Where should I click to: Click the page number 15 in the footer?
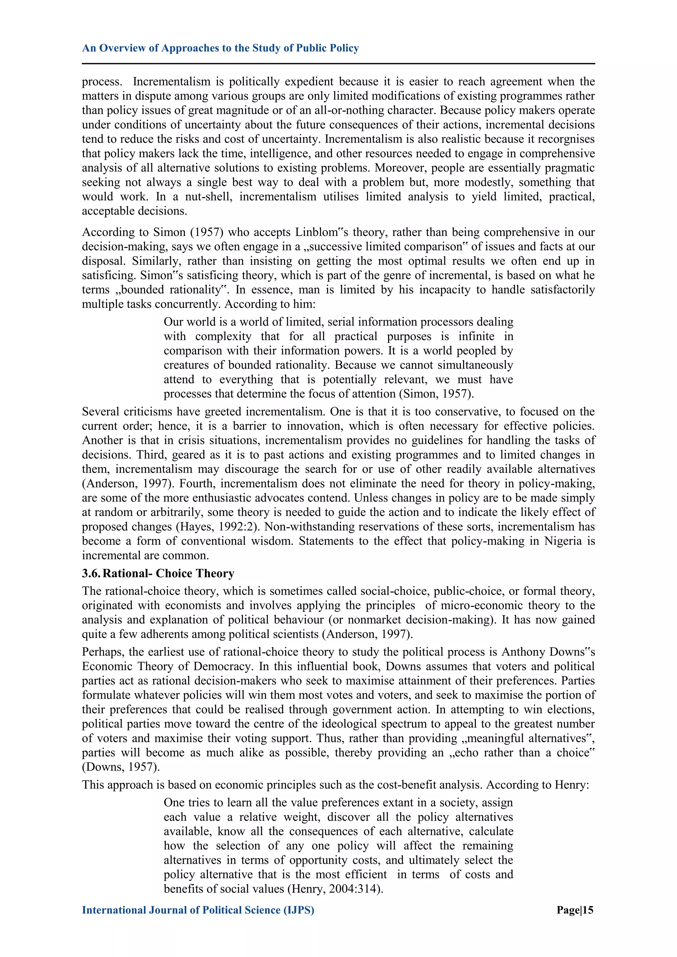[x=588, y=910]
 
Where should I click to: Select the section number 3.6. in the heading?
[x=91, y=574]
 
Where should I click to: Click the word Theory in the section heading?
[x=215, y=574]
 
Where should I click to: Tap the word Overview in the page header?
[x=123, y=48]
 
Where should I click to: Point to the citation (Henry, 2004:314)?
[x=335, y=889]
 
